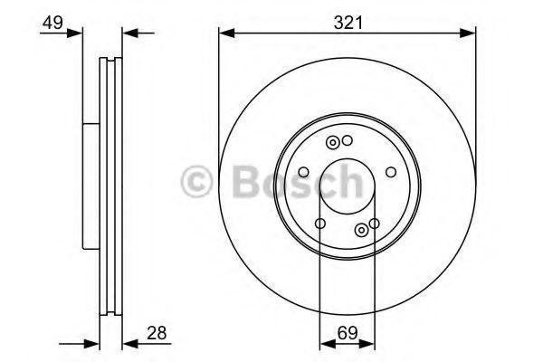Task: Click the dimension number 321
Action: click(348, 23)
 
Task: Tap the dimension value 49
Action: click(52, 23)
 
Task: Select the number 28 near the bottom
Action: click(157, 333)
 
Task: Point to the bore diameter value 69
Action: click(348, 333)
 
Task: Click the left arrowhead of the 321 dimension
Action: click(227, 33)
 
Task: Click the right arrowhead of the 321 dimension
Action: click(468, 33)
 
